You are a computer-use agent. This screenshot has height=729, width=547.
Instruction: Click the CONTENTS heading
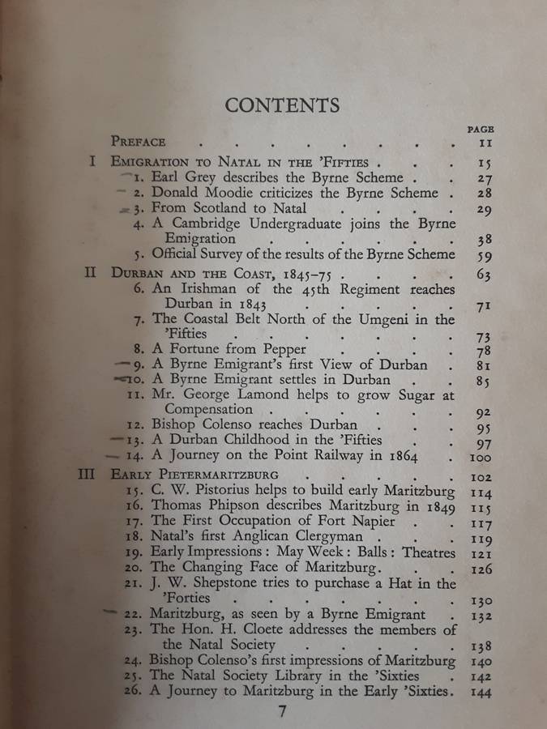pyautogui.click(x=282, y=105)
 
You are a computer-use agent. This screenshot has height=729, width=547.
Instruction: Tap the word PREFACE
pyautogui.click(x=138, y=141)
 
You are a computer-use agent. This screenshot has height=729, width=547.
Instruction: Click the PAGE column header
pyautogui.click(x=481, y=128)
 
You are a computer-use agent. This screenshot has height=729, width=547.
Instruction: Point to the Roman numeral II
pyautogui.click(x=92, y=273)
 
